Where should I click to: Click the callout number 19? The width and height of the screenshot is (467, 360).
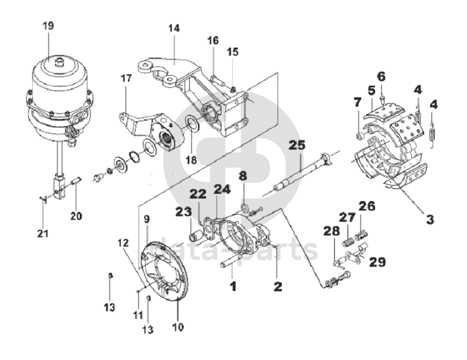pyautogui.click(x=48, y=25)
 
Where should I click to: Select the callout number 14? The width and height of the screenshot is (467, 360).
pyautogui.click(x=174, y=28)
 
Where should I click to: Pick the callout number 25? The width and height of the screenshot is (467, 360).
pyautogui.click(x=297, y=145)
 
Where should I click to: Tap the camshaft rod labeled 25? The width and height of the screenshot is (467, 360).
pyautogui.click(x=301, y=172)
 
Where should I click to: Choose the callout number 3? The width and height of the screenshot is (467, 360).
pyautogui.click(x=430, y=220)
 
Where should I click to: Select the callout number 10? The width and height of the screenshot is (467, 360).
pyautogui.click(x=178, y=327)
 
